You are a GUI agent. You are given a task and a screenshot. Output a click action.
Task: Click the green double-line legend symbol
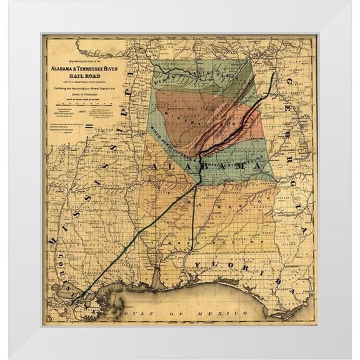pyautogui.click(x=88, y=126)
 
